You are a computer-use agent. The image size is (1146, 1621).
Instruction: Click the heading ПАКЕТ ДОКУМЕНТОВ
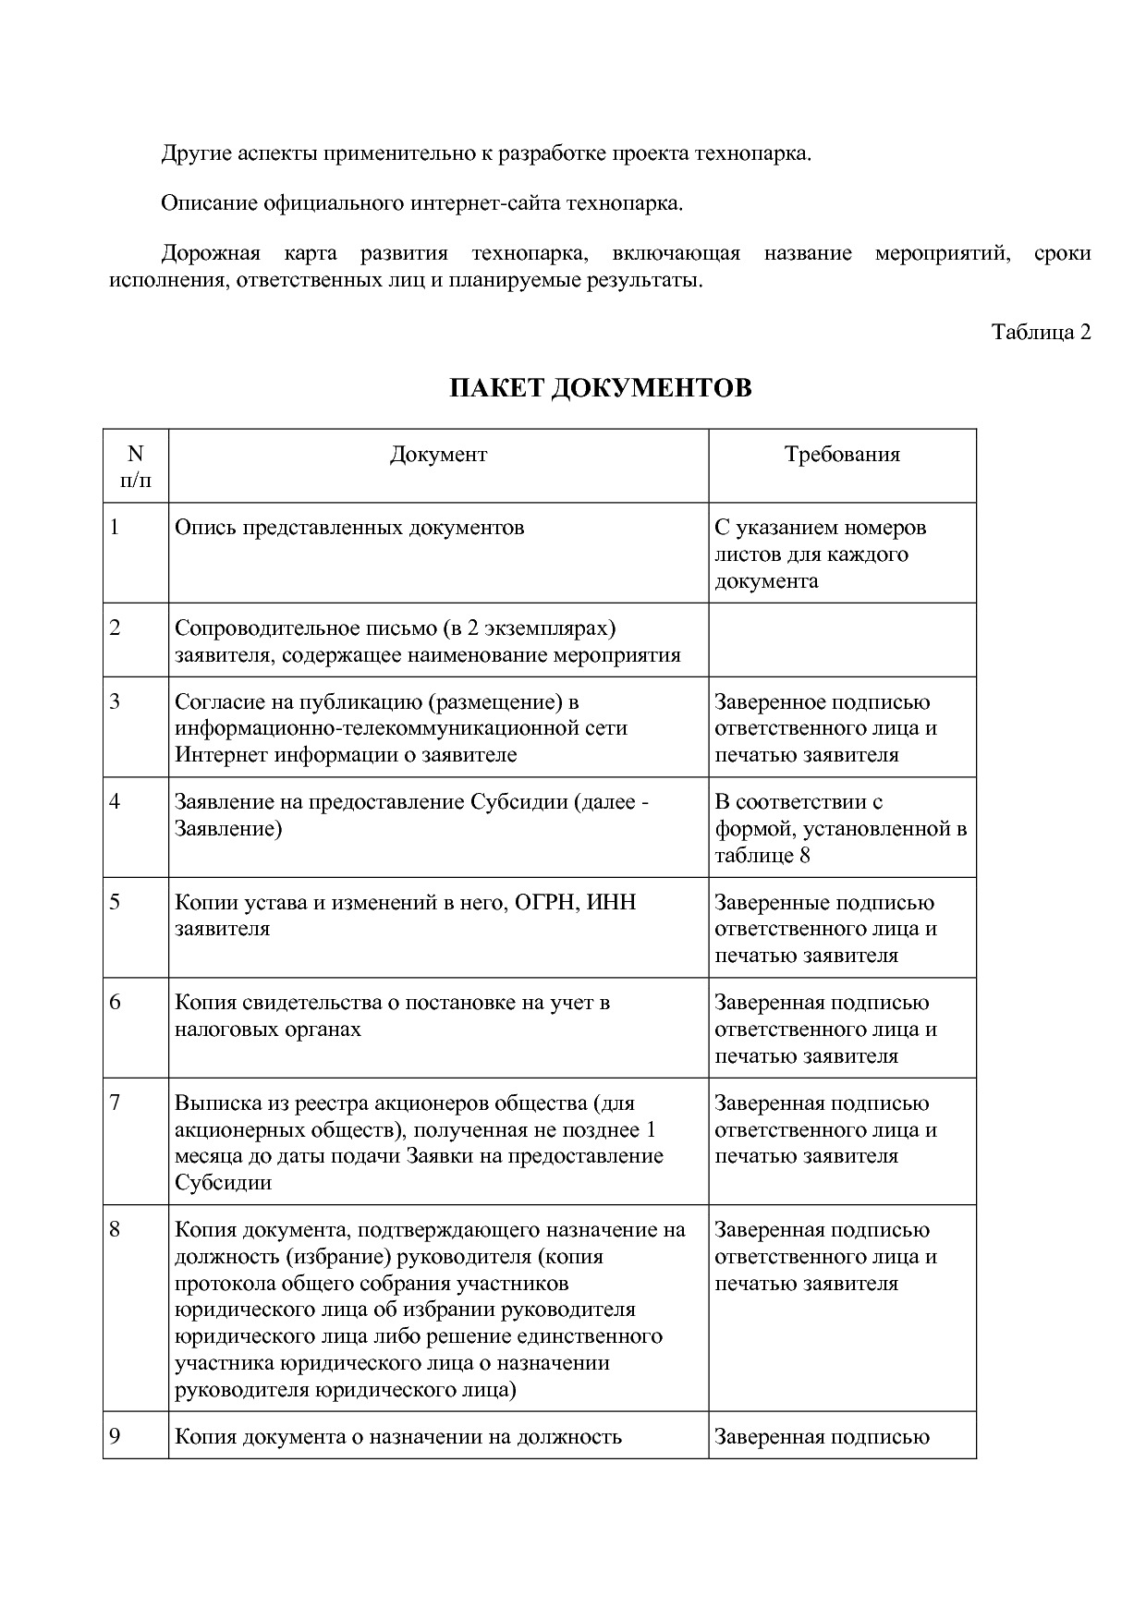pyautogui.click(x=600, y=388)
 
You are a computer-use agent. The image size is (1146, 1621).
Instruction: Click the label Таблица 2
pyautogui.click(x=1041, y=332)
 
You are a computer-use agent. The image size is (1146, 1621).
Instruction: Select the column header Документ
pyautogui.click(x=438, y=454)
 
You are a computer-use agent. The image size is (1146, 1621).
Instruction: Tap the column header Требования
pyautogui.click(x=842, y=454)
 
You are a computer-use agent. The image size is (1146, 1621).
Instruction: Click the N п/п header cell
pyautogui.click(x=136, y=466)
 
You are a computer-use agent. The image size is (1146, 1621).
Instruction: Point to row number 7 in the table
pyautogui.click(x=115, y=1103)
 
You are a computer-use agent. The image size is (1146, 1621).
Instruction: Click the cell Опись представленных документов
pyautogui.click(x=349, y=528)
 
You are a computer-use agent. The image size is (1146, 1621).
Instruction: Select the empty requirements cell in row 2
pyautogui.click(x=842, y=640)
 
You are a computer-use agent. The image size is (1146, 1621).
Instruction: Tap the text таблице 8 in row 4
pyautogui.click(x=762, y=855)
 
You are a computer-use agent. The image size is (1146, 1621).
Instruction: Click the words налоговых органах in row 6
pyautogui.click(x=268, y=1030)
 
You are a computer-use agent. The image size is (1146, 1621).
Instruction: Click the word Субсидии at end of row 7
pyautogui.click(x=223, y=1183)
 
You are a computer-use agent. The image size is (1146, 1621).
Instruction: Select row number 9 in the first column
pyautogui.click(x=115, y=1436)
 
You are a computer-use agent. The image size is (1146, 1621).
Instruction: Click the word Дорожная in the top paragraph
pyautogui.click(x=211, y=253)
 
